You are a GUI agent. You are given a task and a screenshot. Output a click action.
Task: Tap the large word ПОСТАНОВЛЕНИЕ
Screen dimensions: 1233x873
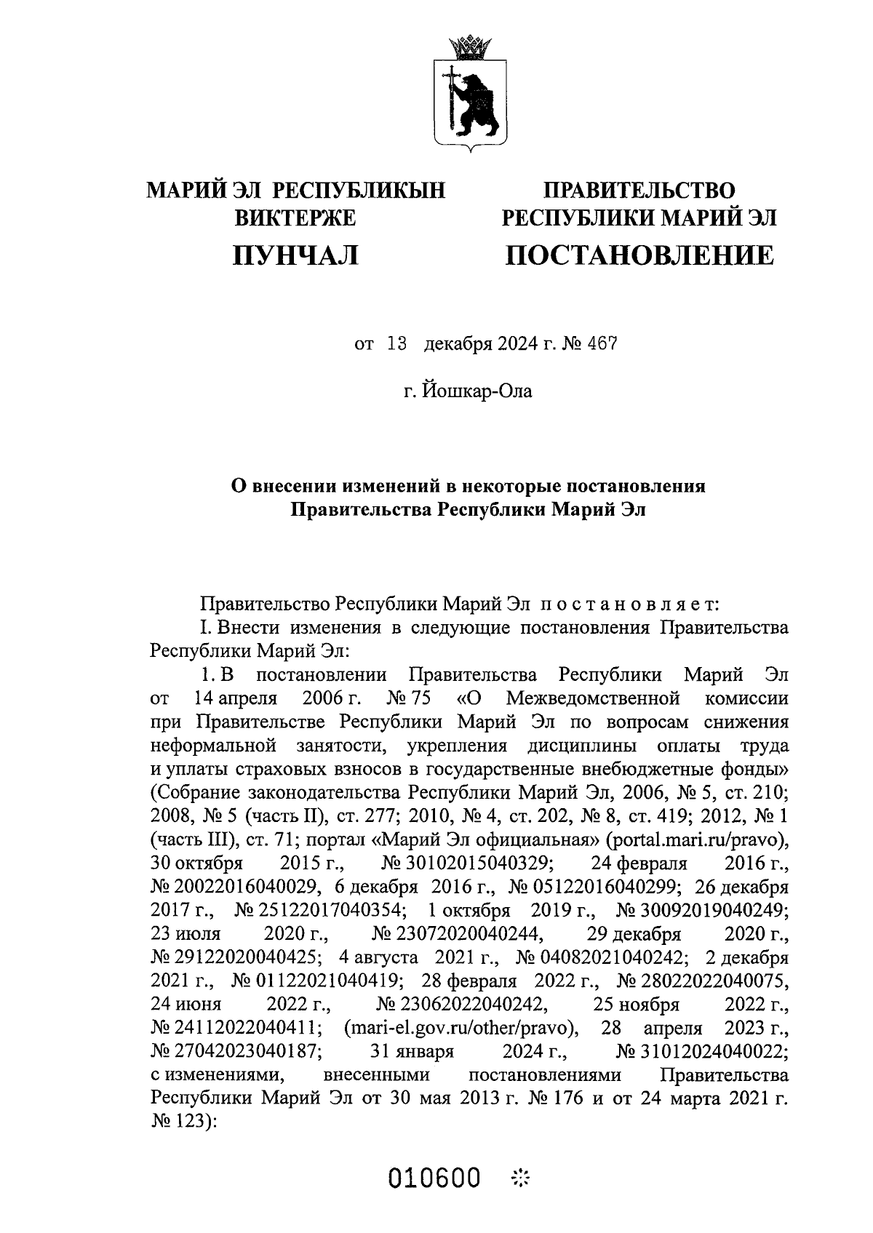(639, 255)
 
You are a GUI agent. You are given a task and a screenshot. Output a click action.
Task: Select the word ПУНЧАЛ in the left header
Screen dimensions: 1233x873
(295, 255)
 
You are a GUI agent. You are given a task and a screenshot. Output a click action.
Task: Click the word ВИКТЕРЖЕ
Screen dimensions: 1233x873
(295, 218)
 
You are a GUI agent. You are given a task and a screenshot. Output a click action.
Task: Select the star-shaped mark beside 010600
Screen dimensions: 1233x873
(522, 1176)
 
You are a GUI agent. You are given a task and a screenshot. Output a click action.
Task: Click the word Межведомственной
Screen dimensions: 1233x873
(593, 699)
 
